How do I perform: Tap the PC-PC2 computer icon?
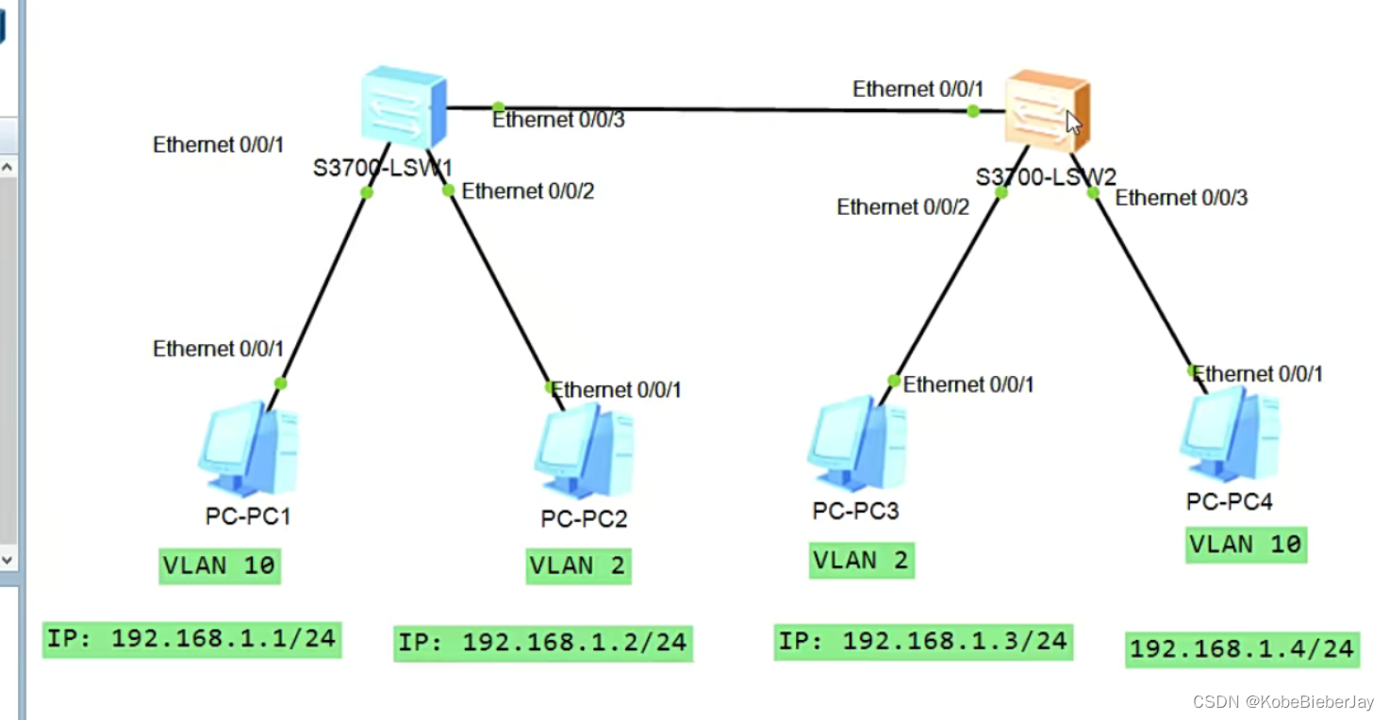[585, 451]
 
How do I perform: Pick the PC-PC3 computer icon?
[857, 444]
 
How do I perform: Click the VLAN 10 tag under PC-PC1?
[219, 565]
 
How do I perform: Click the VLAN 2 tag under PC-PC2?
[578, 565]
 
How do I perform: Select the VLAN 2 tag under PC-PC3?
[860, 560]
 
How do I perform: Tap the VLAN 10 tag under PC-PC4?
[1246, 544]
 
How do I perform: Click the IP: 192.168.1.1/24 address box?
[191, 639]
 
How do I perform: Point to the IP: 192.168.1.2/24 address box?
[542, 643]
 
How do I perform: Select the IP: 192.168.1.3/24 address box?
[922, 641]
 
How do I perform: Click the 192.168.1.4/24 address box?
[1242, 648]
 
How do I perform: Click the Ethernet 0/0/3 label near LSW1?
[558, 120]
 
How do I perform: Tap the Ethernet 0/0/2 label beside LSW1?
[528, 191]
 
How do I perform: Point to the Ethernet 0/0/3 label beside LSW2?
[1182, 197]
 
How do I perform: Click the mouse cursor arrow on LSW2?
[1073, 123]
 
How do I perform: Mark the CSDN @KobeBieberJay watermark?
[1282, 702]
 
